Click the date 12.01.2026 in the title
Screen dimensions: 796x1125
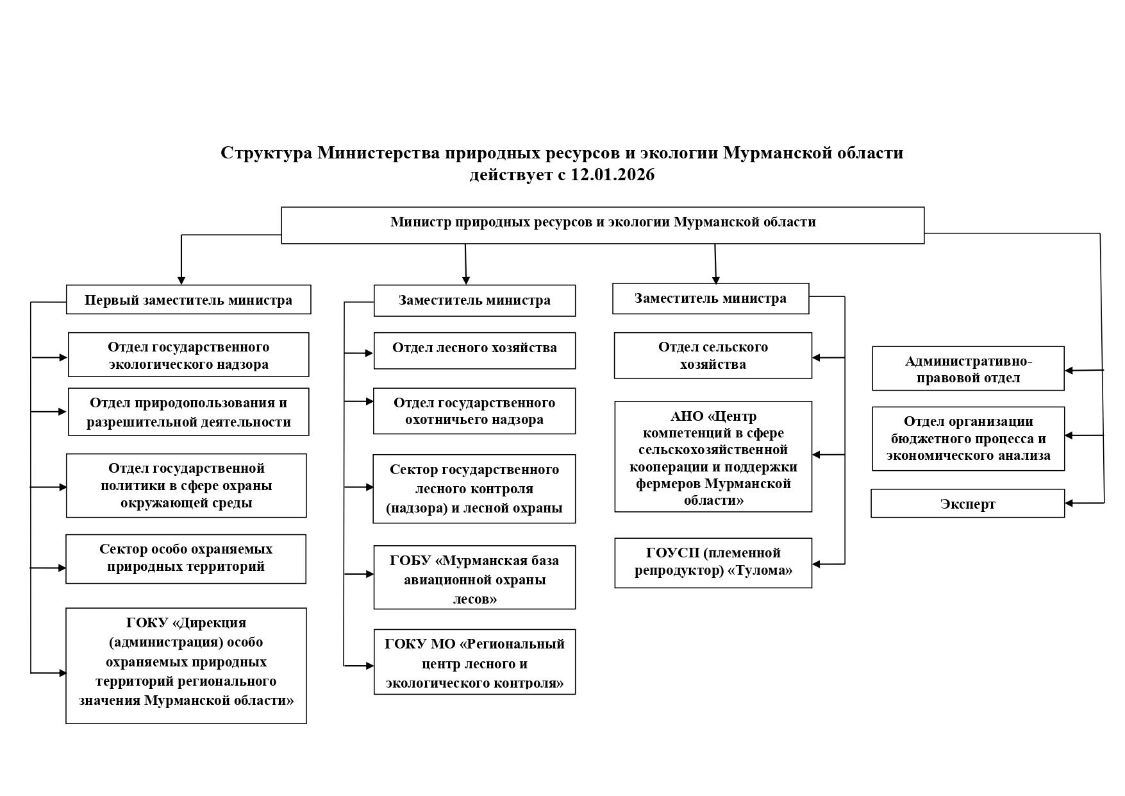[x=612, y=175]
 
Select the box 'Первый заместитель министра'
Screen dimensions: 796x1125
[x=188, y=300]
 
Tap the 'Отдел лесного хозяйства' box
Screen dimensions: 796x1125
[x=474, y=350]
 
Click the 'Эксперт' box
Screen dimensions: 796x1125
[x=967, y=504]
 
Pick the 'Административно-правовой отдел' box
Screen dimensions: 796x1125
[x=968, y=369]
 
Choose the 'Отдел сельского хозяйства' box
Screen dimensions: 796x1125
[x=713, y=355]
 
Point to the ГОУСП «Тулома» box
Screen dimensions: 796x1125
[x=713, y=563]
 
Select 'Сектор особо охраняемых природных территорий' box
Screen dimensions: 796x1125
[x=186, y=558]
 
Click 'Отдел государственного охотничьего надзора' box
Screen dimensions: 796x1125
[x=474, y=411]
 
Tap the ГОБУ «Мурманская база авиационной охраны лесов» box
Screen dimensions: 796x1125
[x=474, y=577]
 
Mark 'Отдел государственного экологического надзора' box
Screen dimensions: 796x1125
[x=188, y=355]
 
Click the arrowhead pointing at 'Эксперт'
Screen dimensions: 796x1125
[x=1069, y=504]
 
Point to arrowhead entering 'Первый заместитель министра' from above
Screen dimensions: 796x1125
[x=181, y=280]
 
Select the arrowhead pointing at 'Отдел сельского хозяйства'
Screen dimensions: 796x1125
[x=817, y=357]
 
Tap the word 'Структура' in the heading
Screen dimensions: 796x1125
[x=267, y=153]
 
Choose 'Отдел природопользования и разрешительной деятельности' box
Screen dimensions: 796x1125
[x=188, y=412]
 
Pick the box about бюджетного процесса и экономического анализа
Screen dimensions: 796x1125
[x=968, y=439]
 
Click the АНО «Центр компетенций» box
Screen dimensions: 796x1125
[x=713, y=457]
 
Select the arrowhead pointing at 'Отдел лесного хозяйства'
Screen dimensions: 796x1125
[x=369, y=353]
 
